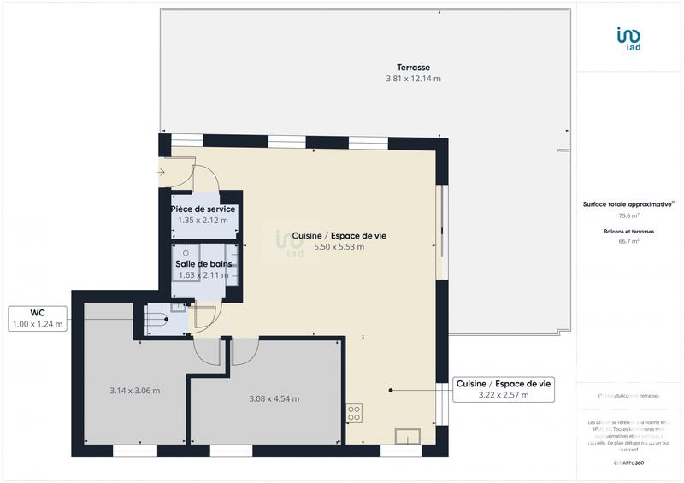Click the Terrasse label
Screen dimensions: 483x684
(412, 67)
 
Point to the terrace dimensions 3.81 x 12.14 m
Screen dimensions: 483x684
(412, 79)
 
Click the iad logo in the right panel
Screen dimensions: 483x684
(629, 38)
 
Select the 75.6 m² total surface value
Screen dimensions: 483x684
(629, 215)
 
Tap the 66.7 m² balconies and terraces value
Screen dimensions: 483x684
(629, 241)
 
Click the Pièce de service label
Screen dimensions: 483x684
(203, 209)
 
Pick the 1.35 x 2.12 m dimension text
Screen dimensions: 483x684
(203, 221)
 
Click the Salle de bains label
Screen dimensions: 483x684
(203, 264)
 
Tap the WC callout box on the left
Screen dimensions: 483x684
(38, 319)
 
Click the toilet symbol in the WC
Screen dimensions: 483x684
(157, 319)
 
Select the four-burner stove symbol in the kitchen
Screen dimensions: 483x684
(354, 413)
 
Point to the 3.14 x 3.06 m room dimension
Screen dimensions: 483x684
(135, 391)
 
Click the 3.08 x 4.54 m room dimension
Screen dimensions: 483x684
(274, 398)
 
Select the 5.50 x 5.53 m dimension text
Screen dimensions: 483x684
(329, 247)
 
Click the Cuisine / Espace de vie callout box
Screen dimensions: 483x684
(504, 389)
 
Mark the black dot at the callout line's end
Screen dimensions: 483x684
(391, 390)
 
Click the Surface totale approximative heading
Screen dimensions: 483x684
(629, 203)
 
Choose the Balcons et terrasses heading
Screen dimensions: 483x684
(629, 231)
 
